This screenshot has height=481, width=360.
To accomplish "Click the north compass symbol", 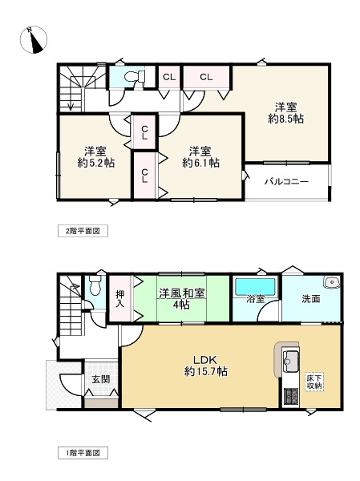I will point(33,38).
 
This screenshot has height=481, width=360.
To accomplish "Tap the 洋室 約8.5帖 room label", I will point(285,112).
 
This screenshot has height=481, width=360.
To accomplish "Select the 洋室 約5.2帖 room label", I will point(95,156).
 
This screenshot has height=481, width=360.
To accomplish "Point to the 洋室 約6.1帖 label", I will point(200,156).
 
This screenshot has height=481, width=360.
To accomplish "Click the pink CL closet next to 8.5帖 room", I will point(206,77).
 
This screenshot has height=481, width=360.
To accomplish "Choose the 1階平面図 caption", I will point(83,453).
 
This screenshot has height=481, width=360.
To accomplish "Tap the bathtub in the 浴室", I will point(255,286).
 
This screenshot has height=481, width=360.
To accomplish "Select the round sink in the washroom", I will point(330,282).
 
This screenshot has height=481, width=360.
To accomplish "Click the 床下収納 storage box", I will point(313,382).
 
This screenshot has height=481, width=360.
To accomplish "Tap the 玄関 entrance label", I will point(99,380).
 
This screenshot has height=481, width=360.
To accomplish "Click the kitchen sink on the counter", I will point(289,358).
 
